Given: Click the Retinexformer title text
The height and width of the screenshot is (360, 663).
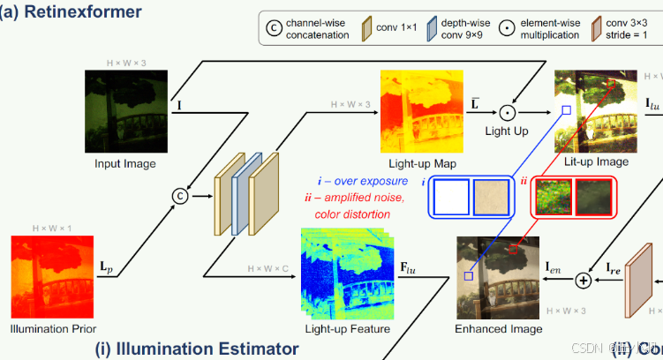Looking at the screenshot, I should point(76,13).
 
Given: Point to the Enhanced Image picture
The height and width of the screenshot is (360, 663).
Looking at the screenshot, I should point(498,277).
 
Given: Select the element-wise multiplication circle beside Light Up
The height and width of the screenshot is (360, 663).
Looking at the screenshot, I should point(507,112).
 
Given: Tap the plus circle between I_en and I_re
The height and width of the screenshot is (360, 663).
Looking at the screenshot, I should point(583,280).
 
